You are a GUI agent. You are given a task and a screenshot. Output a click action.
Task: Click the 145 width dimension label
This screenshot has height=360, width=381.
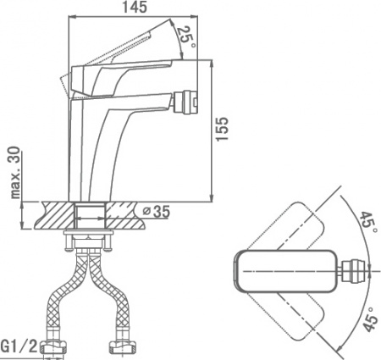pyautogui.click(x=135, y=8)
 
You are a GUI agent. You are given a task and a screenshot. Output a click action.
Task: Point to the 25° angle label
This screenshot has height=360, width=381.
pyautogui.click(x=185, y=36)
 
